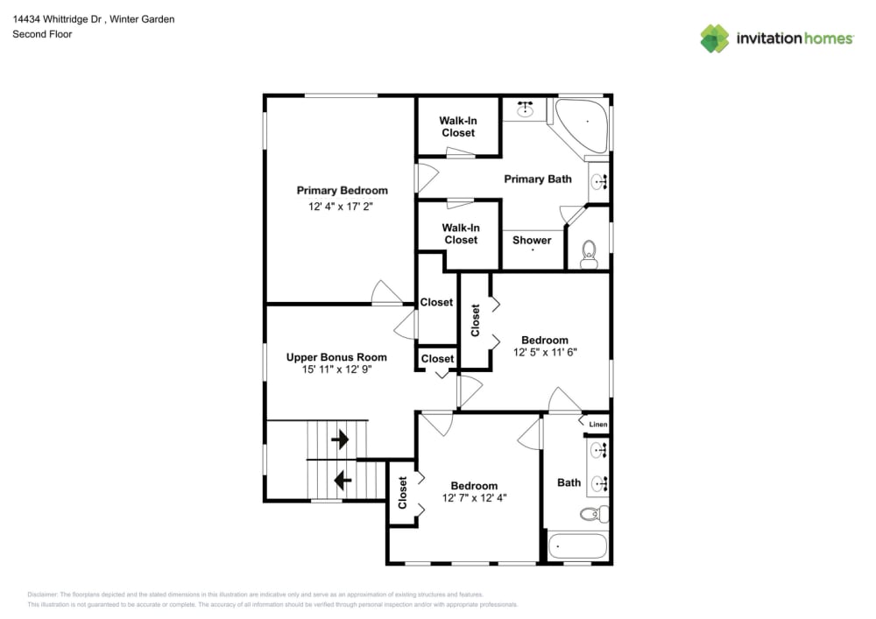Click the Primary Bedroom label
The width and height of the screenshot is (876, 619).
pos(342,190)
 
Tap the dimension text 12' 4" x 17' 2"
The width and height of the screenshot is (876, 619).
pos(342,208)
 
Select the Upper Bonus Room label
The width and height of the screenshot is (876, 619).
pos(336,357)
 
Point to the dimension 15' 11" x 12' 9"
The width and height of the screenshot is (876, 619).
pos(336,370)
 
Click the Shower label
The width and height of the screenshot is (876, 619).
pos(532,240)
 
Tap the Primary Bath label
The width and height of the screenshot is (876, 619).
pos(538,179)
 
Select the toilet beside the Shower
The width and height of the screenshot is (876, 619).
pos(589,253)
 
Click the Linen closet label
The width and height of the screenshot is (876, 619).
pos(597,425)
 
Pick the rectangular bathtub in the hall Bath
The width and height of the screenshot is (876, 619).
pos(577,546)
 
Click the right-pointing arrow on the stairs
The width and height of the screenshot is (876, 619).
pos(340,438)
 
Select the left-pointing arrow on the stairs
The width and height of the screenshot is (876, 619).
pos(343,480)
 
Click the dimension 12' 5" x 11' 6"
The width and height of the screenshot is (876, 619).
pos(545,353)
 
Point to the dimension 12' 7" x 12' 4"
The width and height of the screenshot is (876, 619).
pos(474,498)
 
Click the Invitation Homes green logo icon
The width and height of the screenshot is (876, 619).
pos(714,39)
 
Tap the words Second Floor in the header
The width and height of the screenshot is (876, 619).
pos(42,34)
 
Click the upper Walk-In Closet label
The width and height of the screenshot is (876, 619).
pos(457,126)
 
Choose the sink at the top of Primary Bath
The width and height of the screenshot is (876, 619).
pos(526,109)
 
